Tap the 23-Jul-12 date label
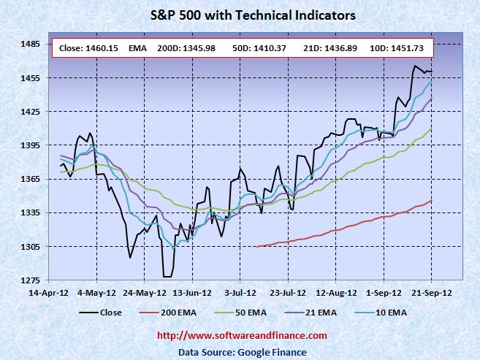[288, 293]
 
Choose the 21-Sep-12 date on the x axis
[430, 293]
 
